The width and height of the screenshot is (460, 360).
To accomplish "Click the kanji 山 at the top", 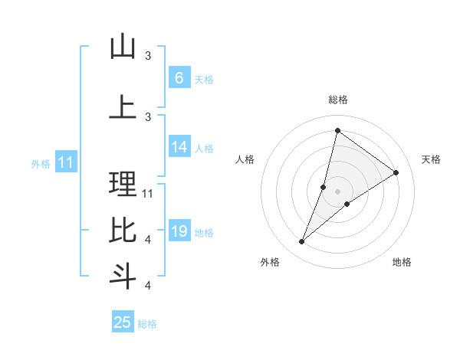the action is tap(123, 47).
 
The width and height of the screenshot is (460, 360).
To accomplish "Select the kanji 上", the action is tap(123, 107).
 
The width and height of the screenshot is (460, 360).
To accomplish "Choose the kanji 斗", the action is tap(123, 276).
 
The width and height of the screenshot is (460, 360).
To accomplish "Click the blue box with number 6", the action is tap(179, 77).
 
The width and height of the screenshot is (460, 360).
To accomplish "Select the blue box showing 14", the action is tap(179, 147).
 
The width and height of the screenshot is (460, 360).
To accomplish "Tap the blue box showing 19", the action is tap(179, 231).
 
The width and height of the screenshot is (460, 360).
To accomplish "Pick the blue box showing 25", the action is tap(123, 322).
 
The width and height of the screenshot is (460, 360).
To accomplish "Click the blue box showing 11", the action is tap(65, 162).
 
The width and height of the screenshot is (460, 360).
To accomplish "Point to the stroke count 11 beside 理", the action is tap(148, 193).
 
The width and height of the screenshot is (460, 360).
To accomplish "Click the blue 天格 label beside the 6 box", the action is tap(204, 79).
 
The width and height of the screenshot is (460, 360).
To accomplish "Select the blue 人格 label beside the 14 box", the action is tap(204, 148).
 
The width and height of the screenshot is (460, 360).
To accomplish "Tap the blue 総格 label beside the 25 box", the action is tap(147, 324).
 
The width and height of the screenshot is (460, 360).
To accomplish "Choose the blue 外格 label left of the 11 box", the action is tap(41, 163).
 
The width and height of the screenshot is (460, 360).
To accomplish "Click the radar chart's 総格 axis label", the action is tap(338, 100).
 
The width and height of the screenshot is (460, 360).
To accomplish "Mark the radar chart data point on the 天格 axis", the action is tap(396, 172).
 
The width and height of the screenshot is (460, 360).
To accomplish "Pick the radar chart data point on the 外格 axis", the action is tap(302, 242).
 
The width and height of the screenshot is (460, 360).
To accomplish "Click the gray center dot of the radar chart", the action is tap(338, 191).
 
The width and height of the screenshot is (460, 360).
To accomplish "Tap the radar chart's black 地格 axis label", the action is tap(402, 262).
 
